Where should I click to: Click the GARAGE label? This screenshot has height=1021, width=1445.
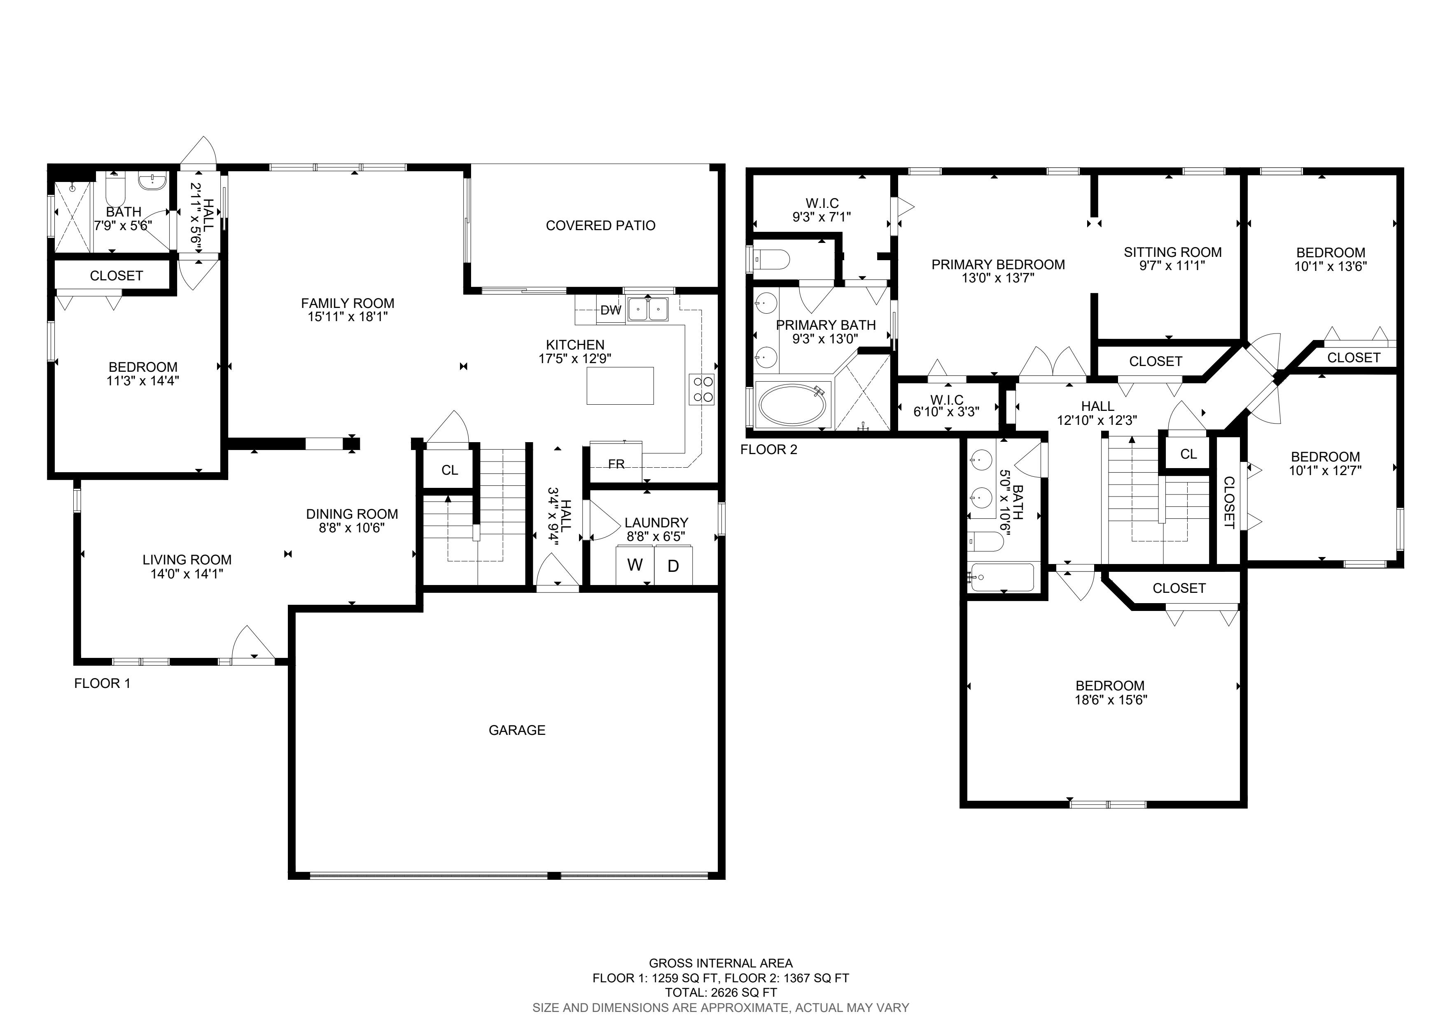tap(517, 730)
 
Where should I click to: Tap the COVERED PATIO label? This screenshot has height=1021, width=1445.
tap(600, 225)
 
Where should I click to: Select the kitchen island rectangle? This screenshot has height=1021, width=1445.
tap(620, 386)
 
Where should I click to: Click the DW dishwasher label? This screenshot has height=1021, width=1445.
tap(610, 310)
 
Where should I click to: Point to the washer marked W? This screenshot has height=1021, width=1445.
tap(635, 565)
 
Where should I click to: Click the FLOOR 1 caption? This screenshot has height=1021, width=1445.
tap(103, 683)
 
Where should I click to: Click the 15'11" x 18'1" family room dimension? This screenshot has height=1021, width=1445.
tap(348, 317)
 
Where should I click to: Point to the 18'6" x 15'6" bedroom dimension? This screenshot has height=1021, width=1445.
tap(1111, 699)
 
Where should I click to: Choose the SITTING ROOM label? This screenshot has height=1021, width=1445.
tap(1172, 252)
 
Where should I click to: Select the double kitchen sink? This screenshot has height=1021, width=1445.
tap(648, 309)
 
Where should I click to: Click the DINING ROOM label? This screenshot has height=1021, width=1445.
tap(352, 514)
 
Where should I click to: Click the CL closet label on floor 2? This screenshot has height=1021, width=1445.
tap(1188, 454)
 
